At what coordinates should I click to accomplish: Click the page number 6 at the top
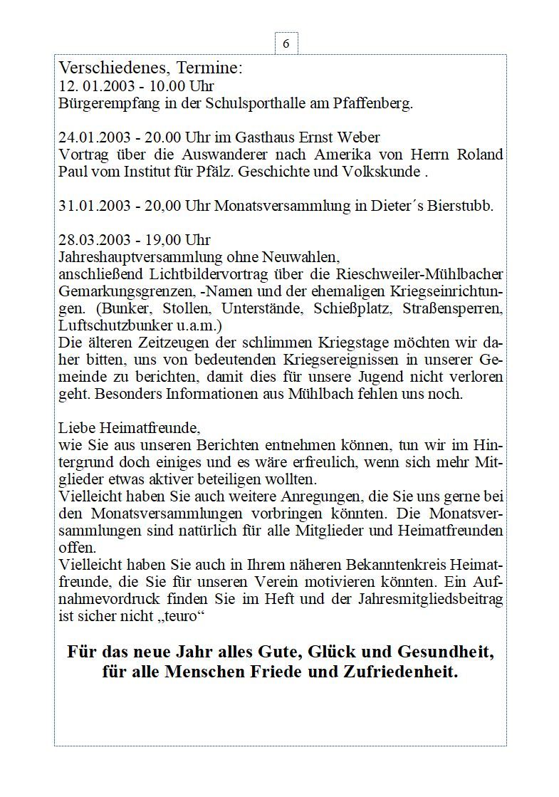tap(286, 44)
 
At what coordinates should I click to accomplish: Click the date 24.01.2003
tap(92, 137)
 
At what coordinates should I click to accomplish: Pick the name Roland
tap(479, 155)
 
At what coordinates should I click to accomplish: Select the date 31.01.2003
tap(92, 206)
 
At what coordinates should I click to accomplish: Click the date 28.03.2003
tap(92, 240)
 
